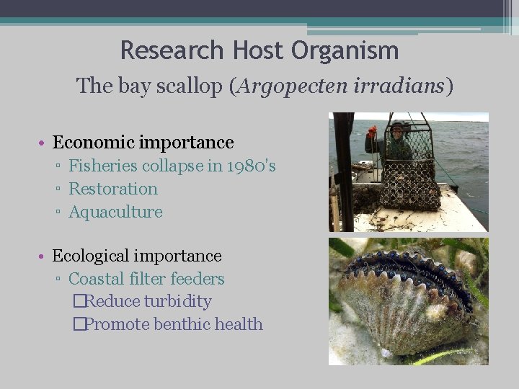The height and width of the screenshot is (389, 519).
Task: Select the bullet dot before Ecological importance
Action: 43,256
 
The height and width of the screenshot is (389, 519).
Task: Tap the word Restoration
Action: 113,189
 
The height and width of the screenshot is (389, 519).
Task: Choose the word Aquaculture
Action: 115,212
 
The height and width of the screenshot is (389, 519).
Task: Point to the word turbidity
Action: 177,302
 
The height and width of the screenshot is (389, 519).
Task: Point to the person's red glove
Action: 372,131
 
